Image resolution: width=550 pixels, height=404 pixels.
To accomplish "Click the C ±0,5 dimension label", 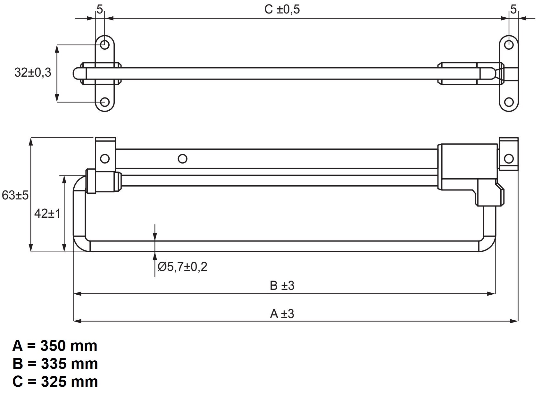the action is point(282,9).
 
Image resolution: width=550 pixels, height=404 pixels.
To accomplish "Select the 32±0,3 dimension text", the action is point(33,72).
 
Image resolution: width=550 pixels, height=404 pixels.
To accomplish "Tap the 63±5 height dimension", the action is point(15,195).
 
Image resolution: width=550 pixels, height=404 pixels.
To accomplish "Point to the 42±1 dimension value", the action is point(47,213).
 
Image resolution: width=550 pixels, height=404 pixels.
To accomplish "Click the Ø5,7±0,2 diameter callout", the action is point(182,266).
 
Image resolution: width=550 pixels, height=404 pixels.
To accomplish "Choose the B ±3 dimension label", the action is point(282,285).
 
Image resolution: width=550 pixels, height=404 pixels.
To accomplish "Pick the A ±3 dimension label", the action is point(282,314).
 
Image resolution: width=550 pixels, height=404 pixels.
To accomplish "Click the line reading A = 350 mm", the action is point(55,346).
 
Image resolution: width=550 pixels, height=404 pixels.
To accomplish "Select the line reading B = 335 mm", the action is point(55,364).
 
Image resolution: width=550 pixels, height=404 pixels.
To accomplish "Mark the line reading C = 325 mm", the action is point(55,382).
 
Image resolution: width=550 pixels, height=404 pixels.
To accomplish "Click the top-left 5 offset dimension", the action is point(100,10).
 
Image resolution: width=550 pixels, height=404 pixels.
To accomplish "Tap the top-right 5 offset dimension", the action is point(513,10).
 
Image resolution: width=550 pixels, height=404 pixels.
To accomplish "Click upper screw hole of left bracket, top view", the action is point(105,45).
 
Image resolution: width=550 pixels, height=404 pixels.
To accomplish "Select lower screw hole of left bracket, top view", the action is point(105,102).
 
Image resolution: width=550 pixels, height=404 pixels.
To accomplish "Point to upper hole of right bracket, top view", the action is point(509,45).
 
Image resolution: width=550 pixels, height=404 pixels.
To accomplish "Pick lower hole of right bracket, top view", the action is point(509,102).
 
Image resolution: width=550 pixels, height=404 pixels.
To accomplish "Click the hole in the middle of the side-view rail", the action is point(183,158).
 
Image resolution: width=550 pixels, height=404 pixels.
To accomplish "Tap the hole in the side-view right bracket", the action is point(509,158).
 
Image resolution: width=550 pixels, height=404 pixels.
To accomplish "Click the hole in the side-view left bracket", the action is point(105,158).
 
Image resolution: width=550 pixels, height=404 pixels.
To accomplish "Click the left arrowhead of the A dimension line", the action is point(77,321).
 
